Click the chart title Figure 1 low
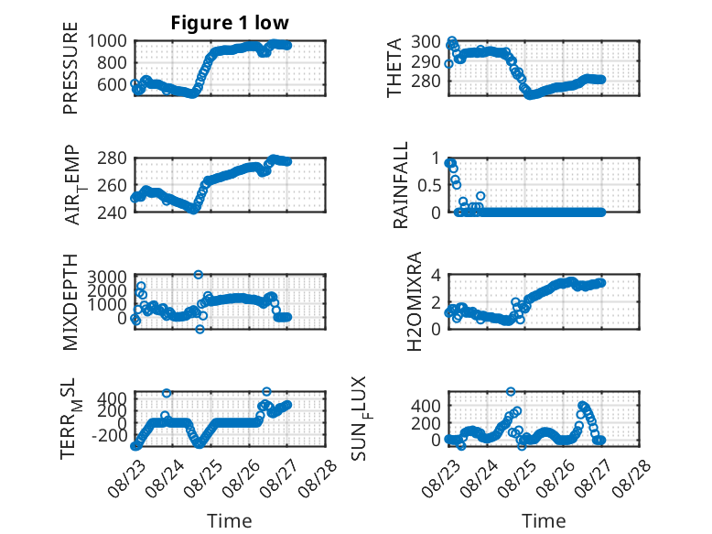coord(230,23)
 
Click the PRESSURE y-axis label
coord(70,68)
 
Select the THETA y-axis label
coord(394,68)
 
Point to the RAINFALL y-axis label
coord(401,185)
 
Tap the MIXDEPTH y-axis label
coord(70,302)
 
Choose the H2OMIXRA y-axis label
coord(415,301)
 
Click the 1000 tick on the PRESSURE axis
coord(107,41)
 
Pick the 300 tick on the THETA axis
coord(426,42)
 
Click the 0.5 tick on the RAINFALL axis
coord(429,185)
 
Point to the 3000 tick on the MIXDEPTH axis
coord(107,277)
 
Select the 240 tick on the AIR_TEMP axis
coord(112,213)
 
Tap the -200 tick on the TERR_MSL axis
coord(109,436)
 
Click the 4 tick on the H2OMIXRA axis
coord(436,275)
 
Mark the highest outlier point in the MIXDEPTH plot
coord(199,275)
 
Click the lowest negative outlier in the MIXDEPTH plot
coord(200,329)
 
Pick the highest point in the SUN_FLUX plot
coord(511,391)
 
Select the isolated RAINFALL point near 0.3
coord(480,196)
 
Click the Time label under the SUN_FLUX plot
coord(544,520)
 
